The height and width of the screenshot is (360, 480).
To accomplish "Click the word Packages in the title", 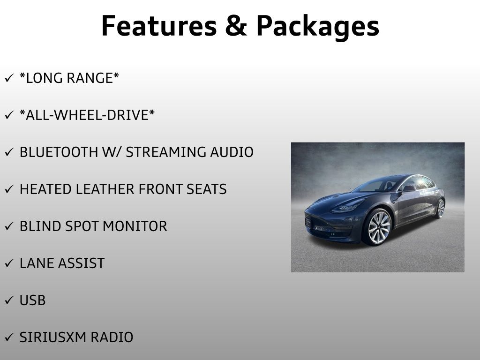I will (317, 27).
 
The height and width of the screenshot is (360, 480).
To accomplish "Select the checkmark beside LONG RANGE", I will (9, 78).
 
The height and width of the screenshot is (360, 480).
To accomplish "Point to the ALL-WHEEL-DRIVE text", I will (87, 115).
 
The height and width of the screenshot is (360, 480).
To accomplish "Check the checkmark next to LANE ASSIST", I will (9, 263).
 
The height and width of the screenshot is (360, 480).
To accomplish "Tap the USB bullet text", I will (33, 300).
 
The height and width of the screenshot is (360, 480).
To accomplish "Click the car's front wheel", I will (378, 227).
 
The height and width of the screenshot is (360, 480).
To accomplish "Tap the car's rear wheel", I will (440, 209).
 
